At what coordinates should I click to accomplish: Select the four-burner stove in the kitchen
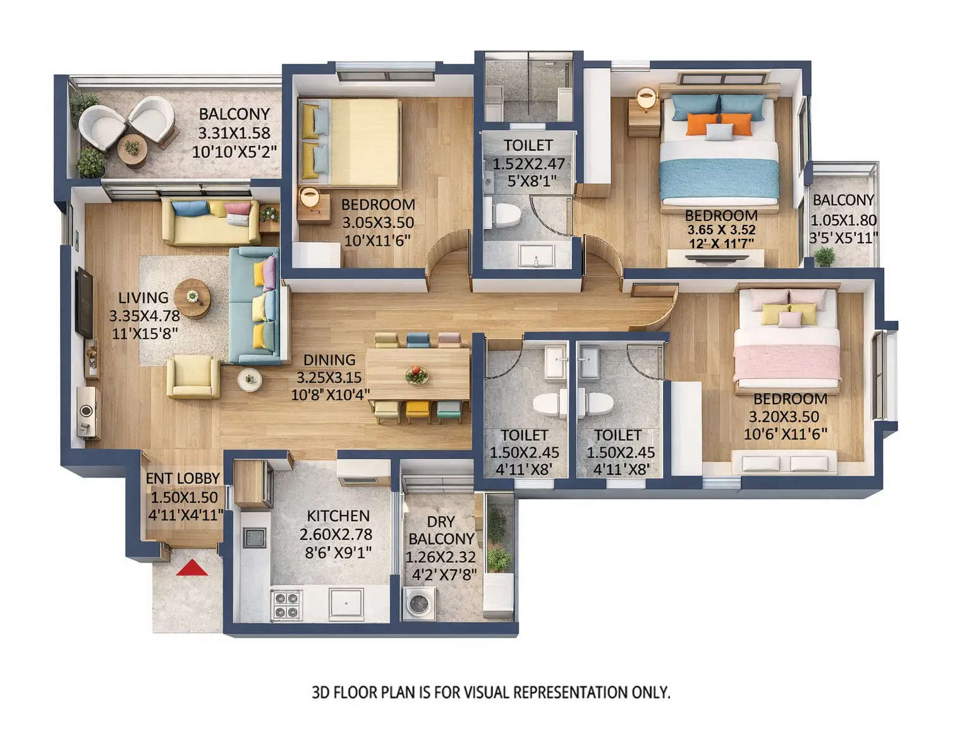click(286, 604)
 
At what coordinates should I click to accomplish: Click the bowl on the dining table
click(417, 375)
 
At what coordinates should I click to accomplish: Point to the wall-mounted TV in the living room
click(84, 302)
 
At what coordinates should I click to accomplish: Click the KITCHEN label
click(338, 516)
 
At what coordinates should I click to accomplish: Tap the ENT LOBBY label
click(183, 479)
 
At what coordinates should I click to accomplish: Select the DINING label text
click(329, 360)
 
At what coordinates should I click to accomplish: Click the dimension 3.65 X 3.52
click(721, 230)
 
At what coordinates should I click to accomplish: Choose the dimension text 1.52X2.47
click(528, 164)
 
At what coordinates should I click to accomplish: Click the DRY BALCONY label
click(441, 530)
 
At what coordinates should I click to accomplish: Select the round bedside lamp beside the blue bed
click(646, 98)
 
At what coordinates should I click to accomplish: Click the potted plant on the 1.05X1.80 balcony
click(824, 256)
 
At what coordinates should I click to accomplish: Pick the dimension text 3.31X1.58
click(234, 133)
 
